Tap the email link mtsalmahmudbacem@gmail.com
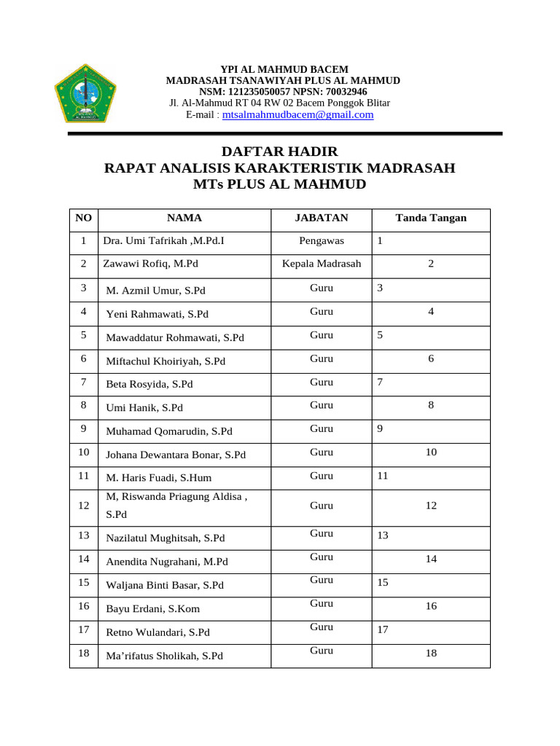coord(297,114)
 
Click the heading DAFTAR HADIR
coord(279,152)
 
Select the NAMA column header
coord(184,218)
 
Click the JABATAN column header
coord(321,218)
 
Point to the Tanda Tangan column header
coord(431,218)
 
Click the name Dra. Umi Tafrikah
coord(163,241)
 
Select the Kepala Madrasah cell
coord(321,264)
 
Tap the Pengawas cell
coord(321,241)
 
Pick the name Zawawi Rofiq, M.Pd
coord(151,264)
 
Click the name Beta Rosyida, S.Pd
coord(149,384)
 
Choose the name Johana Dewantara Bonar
coord(176,455)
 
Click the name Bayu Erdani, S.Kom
coord(153,609)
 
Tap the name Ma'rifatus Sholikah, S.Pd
coord(164,656)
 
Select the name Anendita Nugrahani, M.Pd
coord(167,562)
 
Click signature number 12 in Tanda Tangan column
coord(431,506)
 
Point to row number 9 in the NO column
coord(84,429)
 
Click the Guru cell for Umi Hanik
coord(321,405)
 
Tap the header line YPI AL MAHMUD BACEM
coord(279,69)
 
